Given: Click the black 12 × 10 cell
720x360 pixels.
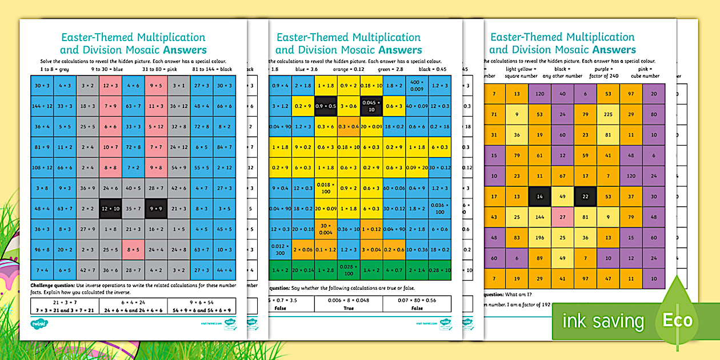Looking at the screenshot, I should [110, 209].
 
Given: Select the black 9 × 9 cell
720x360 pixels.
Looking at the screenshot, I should [156, 209].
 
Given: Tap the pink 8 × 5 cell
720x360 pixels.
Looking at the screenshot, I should [133, 249].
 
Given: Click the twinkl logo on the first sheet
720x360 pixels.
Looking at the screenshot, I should [41, 323].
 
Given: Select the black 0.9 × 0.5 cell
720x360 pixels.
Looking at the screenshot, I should [326, 106].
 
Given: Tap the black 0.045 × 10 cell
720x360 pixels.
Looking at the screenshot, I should [371, 106].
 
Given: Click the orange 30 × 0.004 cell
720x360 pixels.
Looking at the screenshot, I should [326, 229].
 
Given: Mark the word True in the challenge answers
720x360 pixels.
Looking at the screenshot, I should [348, 307].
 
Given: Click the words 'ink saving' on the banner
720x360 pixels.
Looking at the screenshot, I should [603, 321].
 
